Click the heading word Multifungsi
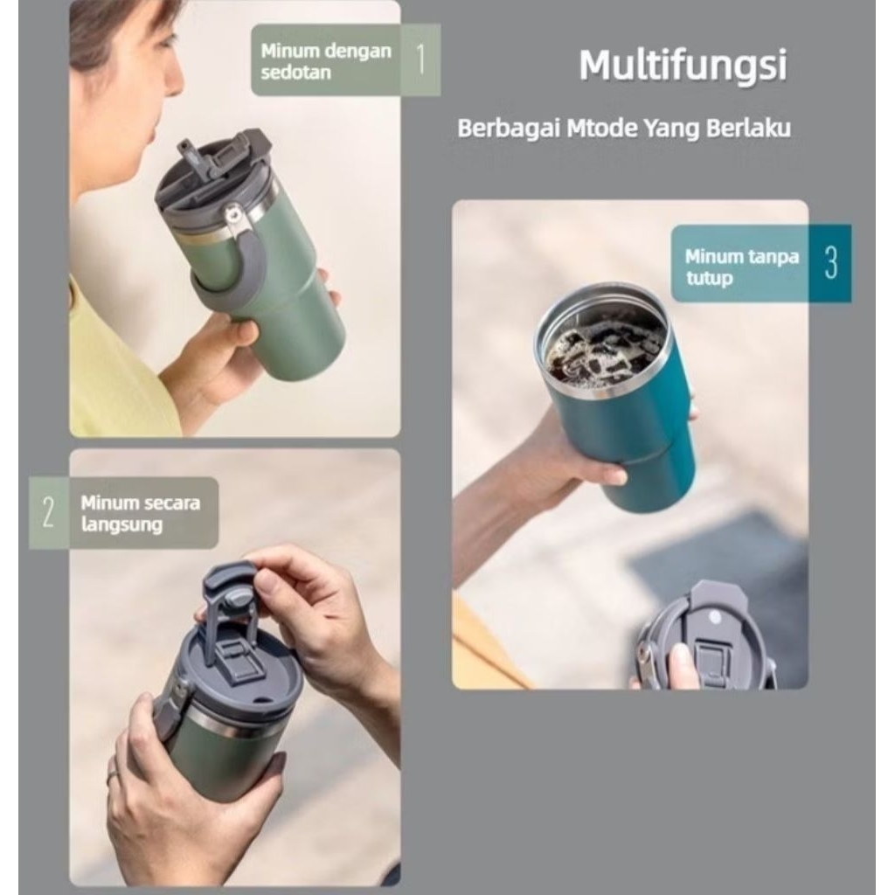click(x=683, y=66)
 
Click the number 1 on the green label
click(x=420, y=59)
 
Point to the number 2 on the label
click(x=48, y=513)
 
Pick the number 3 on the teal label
click(x=830, y=262)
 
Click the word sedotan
click(x=295, y=72)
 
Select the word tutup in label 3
click(x=709, y=279)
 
